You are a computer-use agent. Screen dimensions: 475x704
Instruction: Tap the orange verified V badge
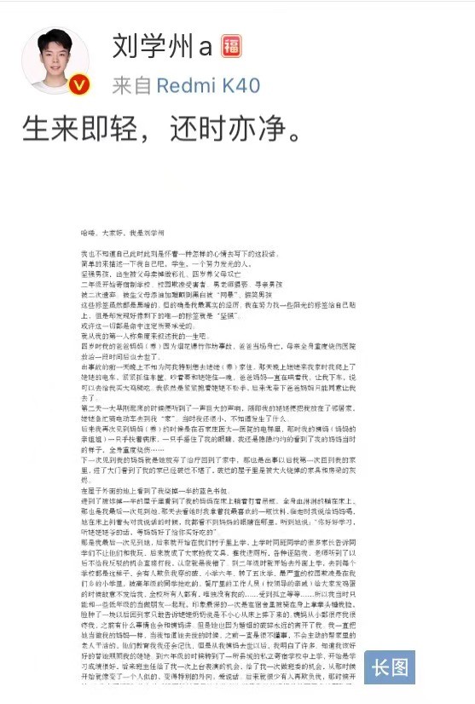79,84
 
